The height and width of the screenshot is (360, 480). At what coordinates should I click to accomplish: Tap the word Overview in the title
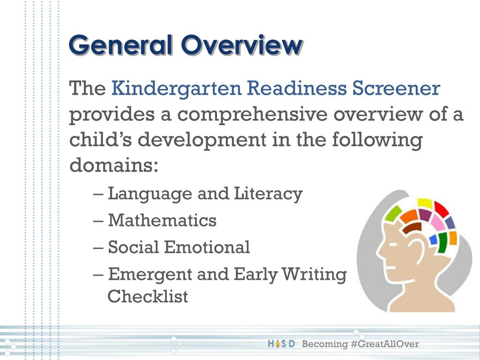[x=242, y=45]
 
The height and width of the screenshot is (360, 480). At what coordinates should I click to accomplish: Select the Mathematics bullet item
[x=162, y=220]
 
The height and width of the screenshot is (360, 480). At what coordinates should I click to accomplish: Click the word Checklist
[x=148, y=296]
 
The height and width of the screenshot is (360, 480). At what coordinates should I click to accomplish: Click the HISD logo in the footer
[x=281, y=345]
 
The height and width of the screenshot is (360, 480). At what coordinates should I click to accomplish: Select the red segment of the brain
[x=442, y=209]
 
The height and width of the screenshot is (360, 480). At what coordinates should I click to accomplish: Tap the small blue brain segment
[x=433, y=240]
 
